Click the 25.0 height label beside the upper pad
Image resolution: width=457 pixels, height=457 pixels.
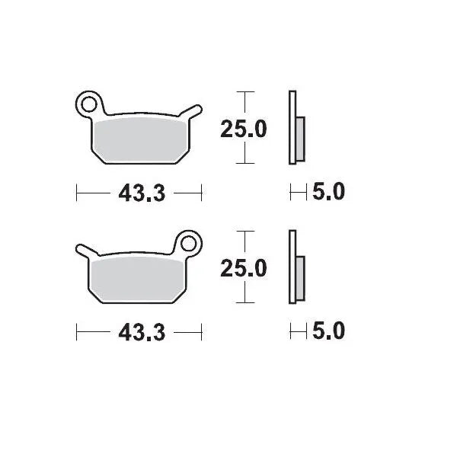pyautogui.click(x=244, y=129)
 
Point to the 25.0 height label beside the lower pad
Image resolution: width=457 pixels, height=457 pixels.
pyautogui.click(x=244, y=268)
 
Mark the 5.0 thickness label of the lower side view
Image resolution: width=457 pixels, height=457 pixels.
pyautogui.click(x=328, y=332)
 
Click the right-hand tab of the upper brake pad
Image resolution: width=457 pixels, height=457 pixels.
pyautogui.click(x=195, y=110)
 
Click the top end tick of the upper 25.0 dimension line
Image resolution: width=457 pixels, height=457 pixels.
pyautogui.click(x=244, y=92)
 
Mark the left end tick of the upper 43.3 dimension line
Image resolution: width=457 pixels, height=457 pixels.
pyautogui.click(x=77, y=193)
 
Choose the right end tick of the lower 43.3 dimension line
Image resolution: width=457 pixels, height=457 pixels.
pyautogui.click(x=202, y=333)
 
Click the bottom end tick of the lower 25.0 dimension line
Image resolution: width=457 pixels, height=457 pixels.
pyautogui.click(x=244, y=302)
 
